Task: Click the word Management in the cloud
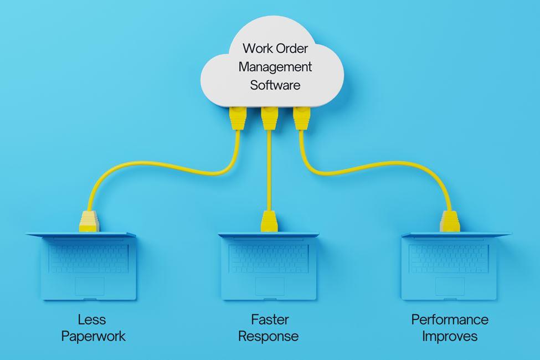[275, 68]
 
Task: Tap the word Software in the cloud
[275, 85]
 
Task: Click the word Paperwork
[94, 336]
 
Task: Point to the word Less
[92, 320]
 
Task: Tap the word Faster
[270, 320]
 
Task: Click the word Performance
[450, 320]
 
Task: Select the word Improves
[449, 336]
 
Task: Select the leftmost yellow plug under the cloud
[236, 117]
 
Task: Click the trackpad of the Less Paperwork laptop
[89, 286]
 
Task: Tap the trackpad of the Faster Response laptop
[270, 286]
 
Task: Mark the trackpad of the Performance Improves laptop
[449, 286]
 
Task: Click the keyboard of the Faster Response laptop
[269, 258]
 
